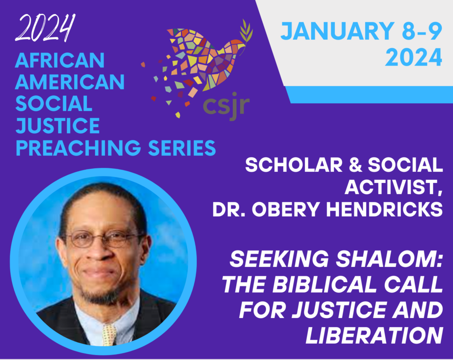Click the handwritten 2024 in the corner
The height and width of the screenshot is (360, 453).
[45, 28]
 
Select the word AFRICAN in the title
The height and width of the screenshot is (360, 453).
[60, 60]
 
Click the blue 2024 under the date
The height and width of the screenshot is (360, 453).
[414, 58]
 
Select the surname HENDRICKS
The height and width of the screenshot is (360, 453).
[384, 209]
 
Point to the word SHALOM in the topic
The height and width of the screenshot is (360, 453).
[388, 259]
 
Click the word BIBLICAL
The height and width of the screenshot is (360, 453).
[324, 285]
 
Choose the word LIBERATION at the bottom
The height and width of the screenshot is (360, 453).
[374, 335]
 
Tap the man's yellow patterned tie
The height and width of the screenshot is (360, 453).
[110, 335]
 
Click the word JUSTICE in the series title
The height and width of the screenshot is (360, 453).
[58, 126]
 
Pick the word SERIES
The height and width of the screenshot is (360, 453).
[182, 148]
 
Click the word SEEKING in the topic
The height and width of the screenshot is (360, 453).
[279, 259]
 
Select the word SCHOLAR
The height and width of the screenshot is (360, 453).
[294, 165]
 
